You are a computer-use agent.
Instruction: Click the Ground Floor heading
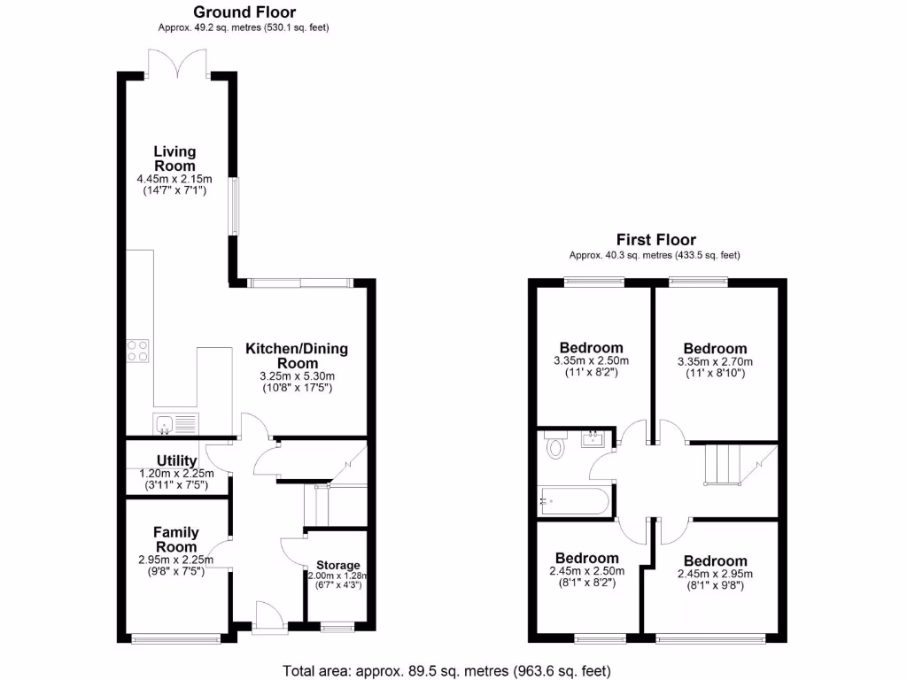[x=244, y=12]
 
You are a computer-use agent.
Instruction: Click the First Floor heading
[x=655, y=240]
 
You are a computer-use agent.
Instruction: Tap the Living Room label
[x=174, y=158]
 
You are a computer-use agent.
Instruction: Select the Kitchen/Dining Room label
[x=297, y=356]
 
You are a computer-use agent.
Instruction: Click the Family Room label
[x=175, y=540]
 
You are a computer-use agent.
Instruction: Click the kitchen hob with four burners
[x=137, y=351]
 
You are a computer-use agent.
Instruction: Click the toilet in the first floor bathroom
[x=556, y=445]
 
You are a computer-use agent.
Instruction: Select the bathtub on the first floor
[x=574, y=502]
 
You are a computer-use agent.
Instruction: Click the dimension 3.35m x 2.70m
[x=715, y=362]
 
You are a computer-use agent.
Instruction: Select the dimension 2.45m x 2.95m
[x=715, y=574]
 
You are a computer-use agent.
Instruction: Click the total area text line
[x=446, y=670]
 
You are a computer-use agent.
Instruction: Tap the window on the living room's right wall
[x=235, y=206]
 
